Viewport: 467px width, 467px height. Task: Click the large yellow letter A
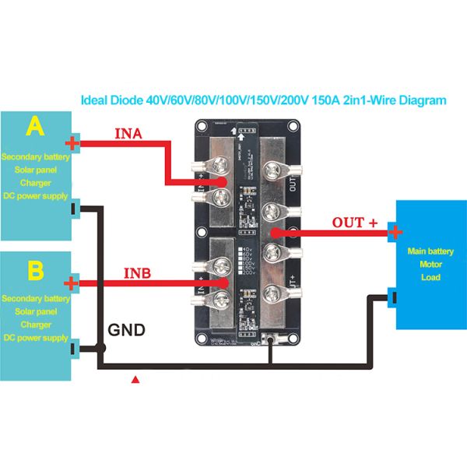(34, 127)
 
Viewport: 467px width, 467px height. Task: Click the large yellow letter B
(35, 269)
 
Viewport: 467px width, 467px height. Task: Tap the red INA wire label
(128, 133)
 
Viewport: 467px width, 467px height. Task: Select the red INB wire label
(137, 274)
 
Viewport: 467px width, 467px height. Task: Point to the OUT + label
(354, 223)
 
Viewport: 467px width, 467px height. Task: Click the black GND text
(126, 329)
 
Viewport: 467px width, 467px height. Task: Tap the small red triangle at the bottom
(136, 381)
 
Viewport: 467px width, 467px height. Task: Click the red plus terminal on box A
(72, 142)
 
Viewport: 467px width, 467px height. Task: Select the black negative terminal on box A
(73, 209)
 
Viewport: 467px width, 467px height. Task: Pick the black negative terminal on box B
(73, 350)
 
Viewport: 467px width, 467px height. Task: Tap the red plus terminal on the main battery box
(395, 232)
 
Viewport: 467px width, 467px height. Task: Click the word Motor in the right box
(430, 265)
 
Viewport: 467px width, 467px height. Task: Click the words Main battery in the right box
(430, 251)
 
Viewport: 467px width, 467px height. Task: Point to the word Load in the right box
(430, 278)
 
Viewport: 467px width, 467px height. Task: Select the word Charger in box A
(36, 183)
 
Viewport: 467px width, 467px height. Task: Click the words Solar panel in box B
(36, 311)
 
